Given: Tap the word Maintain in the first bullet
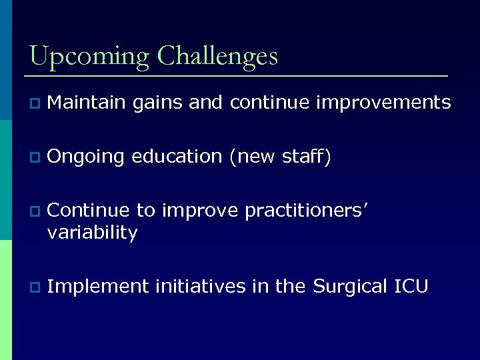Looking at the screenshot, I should pyautogui.click(x=87, y=103).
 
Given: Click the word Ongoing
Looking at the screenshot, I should pyautogui.click(x=86, y=157).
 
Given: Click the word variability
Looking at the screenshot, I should pyautogui.click(x=93, y=233).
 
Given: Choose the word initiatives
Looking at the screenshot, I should pyautogui.click(x=201, y=287).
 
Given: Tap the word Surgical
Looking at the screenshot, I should pyautogui.click(x=348, y=287).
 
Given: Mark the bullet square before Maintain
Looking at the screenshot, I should pyautogui.click(x=34, y=104).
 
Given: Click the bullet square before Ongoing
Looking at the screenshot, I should pyautogui.click(x=34, y=158).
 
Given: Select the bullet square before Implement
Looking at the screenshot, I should pyautogui.click(x=34, y=288).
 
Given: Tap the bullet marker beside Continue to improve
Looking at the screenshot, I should pyautogui.click(x=34, y=213).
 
